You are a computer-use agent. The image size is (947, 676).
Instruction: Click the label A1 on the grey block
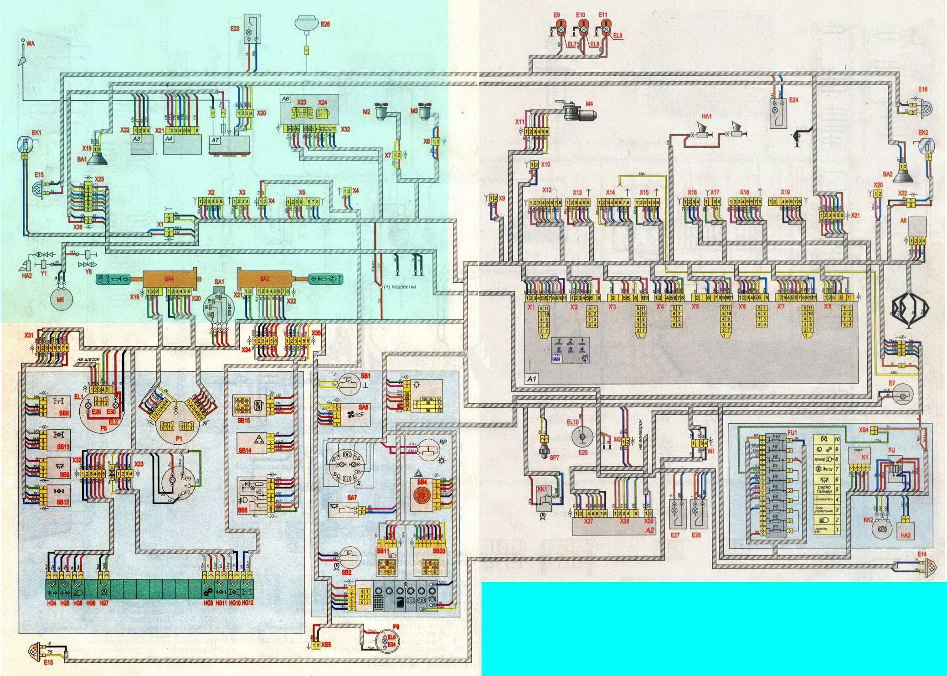click(x=532, y=379)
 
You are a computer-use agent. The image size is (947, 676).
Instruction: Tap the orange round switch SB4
click(x=422, y=494)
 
